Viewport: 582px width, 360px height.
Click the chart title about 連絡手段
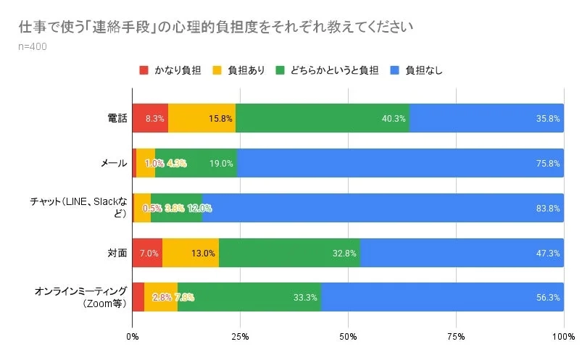tap(216, 28)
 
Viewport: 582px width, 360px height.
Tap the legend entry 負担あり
tap(238, 70)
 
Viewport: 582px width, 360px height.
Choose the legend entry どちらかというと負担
tap(326, 70)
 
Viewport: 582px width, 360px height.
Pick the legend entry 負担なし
tap(416, 70)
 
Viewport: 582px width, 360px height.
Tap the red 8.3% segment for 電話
tap(150, 118)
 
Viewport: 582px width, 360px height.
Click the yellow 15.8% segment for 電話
tap(201, 118)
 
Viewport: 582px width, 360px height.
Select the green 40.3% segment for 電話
tap(323, 118)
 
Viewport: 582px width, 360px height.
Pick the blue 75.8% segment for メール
tap(400, 163)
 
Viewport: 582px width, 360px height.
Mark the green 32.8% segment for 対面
tap(289, 253)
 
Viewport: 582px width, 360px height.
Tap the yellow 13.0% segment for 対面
tap(190, 253)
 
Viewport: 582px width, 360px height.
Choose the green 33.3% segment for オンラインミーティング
tap(249, 297)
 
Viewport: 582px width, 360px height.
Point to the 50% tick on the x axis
tap(348, 336)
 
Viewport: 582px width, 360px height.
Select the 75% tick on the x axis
tap(456, 336)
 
